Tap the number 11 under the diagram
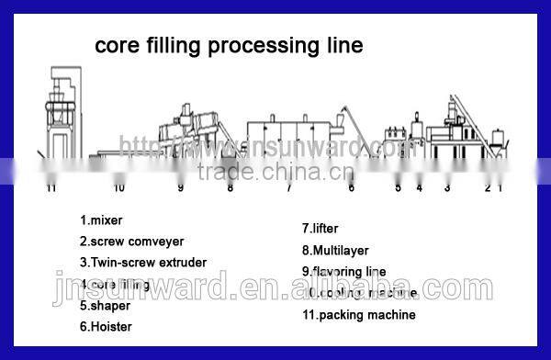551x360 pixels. [x=51, y=188]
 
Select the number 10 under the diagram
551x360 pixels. [x=118, y=188]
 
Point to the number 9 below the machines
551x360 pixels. [x=180, y=188]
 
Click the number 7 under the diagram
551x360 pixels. [x=288, y=188]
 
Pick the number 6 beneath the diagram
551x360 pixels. [x=351, y=188]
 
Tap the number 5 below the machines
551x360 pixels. [x=399, y=188]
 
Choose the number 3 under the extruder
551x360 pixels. [x=447, y=188]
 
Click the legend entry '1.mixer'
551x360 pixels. [x=101, y=220]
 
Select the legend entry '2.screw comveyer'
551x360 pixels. [x=131, y=242]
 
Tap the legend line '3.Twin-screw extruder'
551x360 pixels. [x=141, y=264]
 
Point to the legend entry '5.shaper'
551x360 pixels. [x=106, y=305]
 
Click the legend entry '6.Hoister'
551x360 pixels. [x=106, y=326]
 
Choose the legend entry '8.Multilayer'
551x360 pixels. [x=332, y=250]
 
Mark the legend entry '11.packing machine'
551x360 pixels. [x=358, y=315]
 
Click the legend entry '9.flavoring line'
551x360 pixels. [x=343, y=272]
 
